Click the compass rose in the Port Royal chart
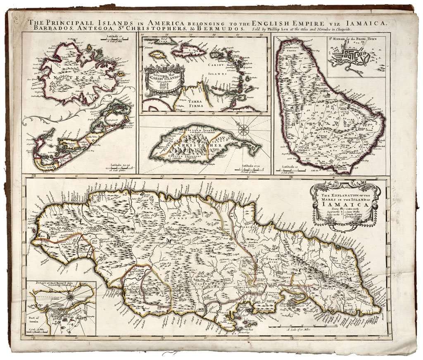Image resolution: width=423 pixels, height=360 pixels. pos(71,296)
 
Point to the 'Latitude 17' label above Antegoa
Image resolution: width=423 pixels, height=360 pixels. pos(109,37)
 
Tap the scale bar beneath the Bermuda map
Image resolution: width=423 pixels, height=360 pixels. pos(117,170)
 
